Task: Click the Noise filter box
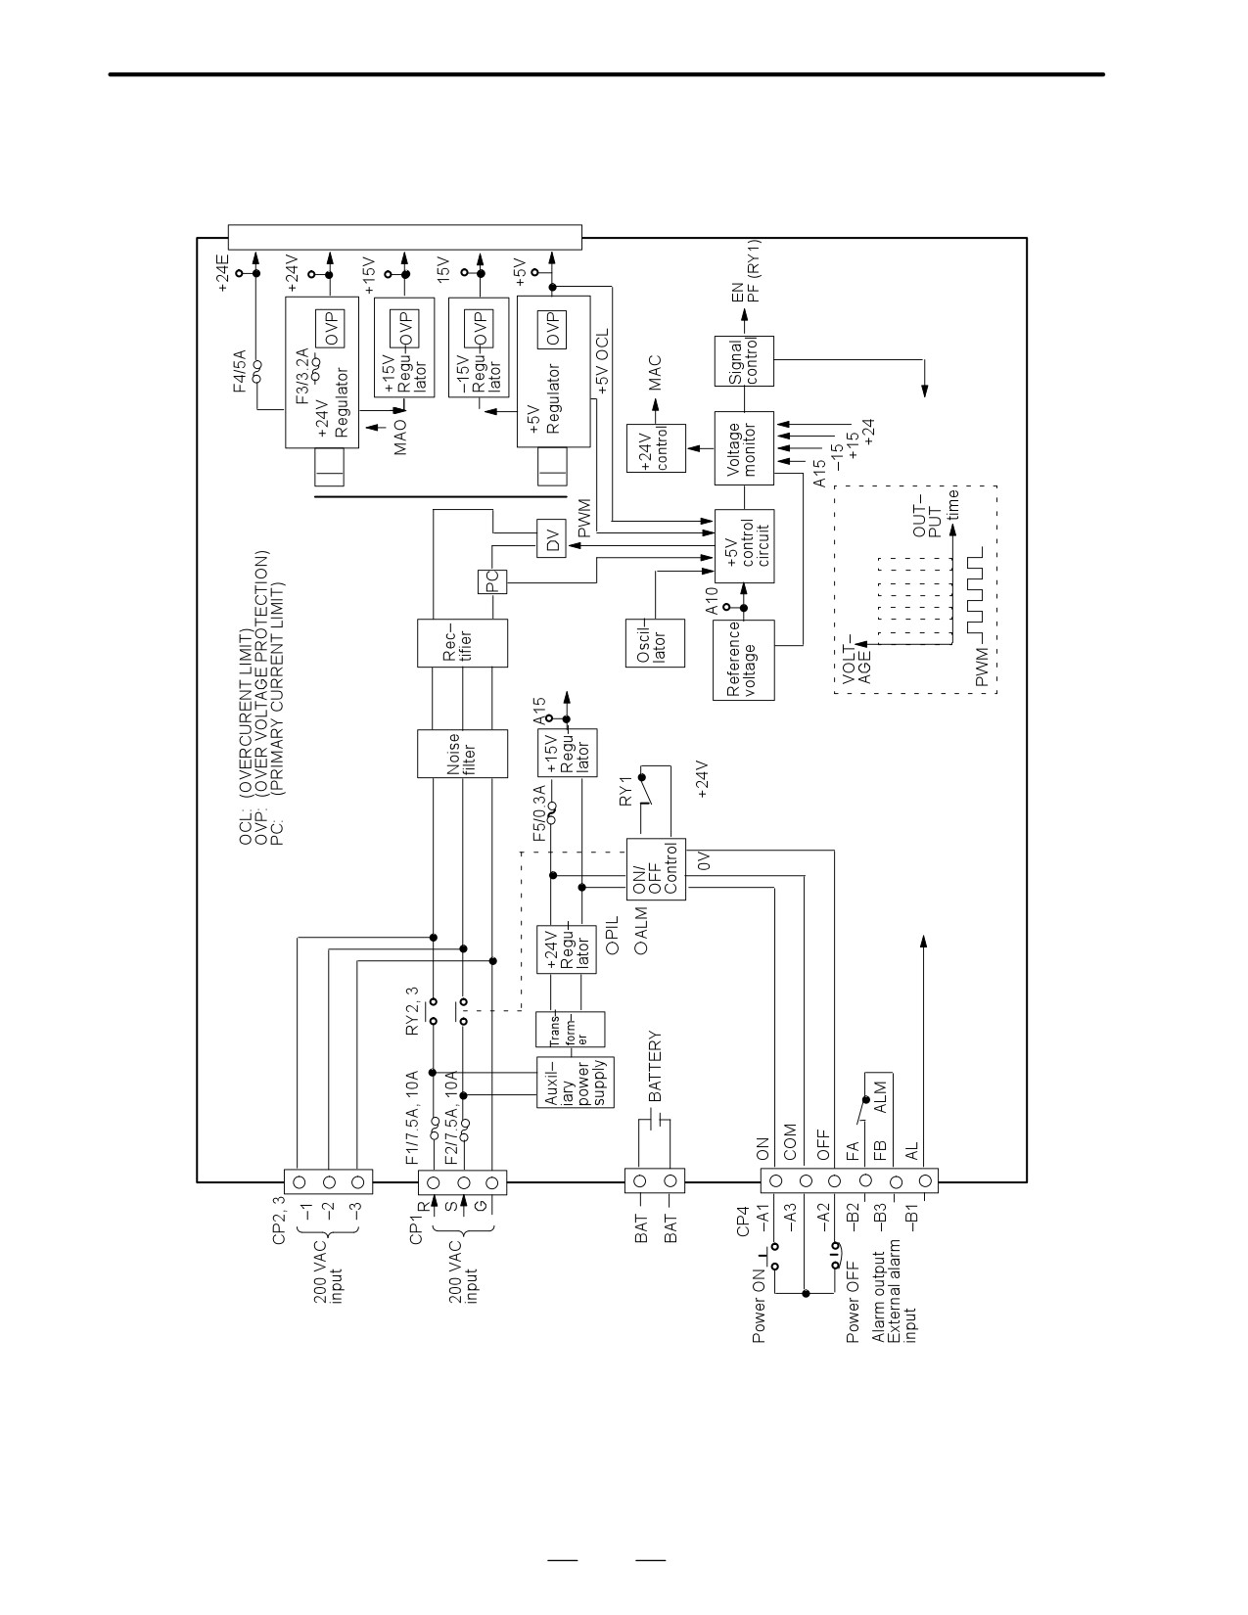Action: point(462,753)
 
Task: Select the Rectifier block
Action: point(462,643)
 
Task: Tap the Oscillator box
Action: point(655,643)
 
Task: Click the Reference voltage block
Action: point(743,660)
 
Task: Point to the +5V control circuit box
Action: point(744,546)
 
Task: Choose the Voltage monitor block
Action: point(744,448)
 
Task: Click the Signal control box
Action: point(744,361)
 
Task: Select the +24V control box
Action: point(656,448)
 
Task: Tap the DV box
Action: point(551,538)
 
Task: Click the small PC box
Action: point(492,581)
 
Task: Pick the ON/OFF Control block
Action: point(656,869)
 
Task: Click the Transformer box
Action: point(570,1030)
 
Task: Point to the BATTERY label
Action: point(655,1066)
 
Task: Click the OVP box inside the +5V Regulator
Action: point(551,329)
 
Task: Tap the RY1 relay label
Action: point(625,791)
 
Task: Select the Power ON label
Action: point(759,1309)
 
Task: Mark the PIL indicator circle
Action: point(613,947)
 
